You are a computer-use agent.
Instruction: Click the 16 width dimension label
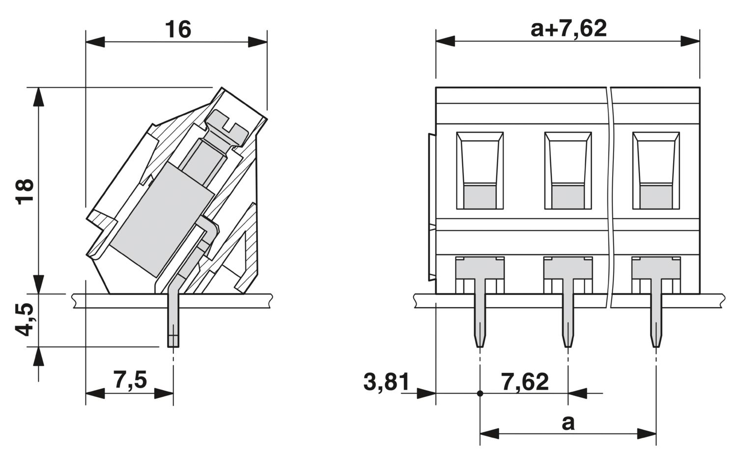point(178,30)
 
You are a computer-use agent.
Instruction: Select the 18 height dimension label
point(25,192)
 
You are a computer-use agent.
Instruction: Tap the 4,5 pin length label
point(25,320)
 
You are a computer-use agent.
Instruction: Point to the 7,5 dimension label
point(130,380)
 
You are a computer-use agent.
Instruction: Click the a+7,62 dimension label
point(568,29)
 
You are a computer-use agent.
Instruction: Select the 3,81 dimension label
point(387,382)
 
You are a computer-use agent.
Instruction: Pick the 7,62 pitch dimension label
point(525,382)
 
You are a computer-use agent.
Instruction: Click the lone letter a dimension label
point(568,423)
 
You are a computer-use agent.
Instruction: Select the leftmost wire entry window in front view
point(480,170)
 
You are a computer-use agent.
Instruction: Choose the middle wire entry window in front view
point(568,170)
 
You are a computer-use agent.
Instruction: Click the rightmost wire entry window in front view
point(656,170)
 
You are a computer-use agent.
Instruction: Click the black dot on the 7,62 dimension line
point(480,394)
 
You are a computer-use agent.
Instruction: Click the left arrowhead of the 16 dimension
point(95,42)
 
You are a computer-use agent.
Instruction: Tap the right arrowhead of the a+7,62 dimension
point(690,41)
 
